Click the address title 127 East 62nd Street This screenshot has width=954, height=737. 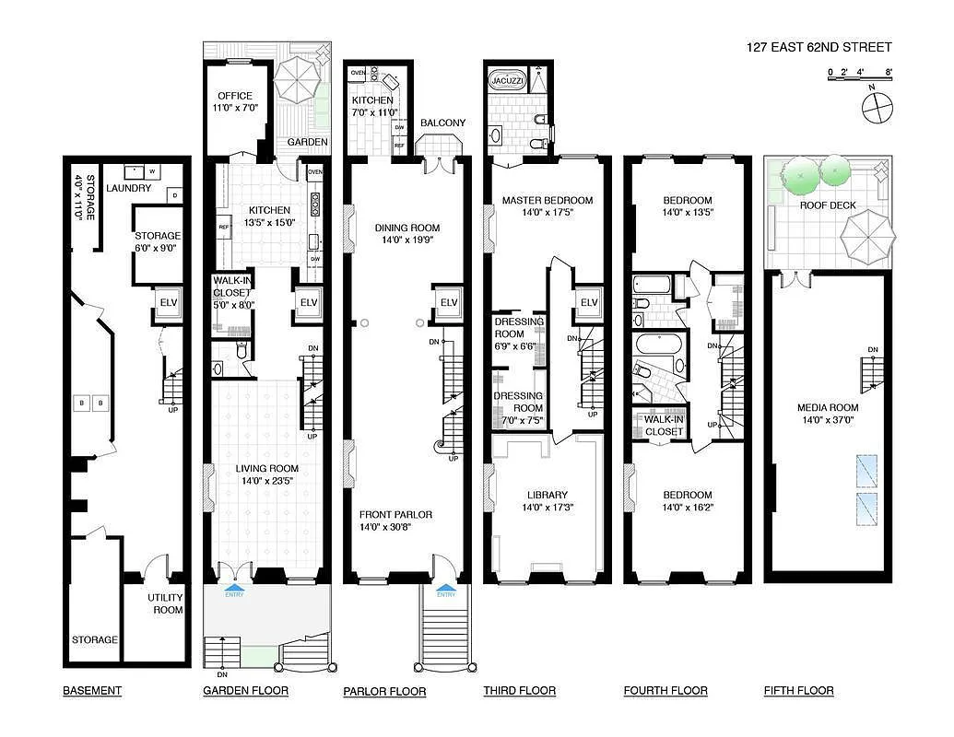[819, 48]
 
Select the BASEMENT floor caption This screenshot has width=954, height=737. [92, 690]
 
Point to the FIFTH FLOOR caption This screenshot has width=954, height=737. [798, 690]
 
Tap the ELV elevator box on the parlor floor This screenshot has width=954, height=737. [448, 302]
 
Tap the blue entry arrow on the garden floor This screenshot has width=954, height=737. [235, 586]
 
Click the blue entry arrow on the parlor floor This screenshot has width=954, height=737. [445, 586]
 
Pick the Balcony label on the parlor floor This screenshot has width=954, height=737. [442, 123]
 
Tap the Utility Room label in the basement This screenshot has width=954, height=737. [166, 602]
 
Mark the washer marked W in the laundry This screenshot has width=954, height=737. [151, 171]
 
